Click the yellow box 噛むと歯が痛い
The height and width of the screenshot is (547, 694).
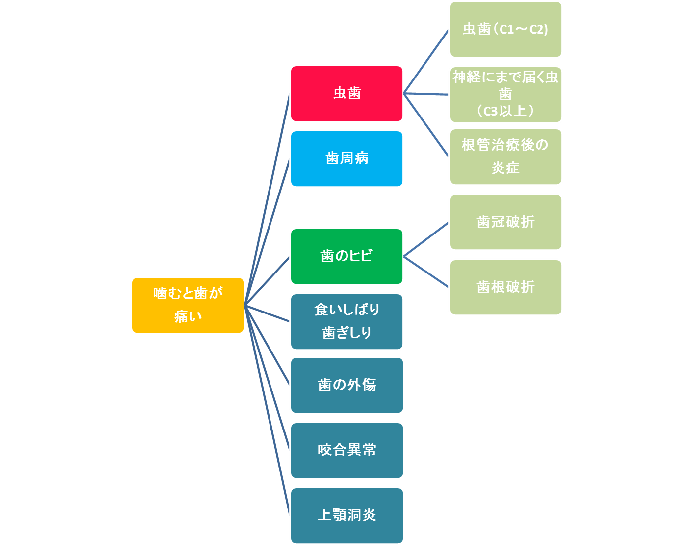[x=188, y=305]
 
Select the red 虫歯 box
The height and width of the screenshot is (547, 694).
[x=347, y=93]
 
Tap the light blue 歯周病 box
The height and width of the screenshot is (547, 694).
[x=347, y=158]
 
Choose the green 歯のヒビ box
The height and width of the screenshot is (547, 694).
[x=347, y=256]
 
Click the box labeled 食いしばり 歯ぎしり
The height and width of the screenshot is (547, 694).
[x=347, y=321]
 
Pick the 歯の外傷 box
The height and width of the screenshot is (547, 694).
[x=347, y=385]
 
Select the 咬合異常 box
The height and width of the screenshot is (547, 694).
[x=347, y=450]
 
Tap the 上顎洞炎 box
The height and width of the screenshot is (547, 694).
[x=347, y=515]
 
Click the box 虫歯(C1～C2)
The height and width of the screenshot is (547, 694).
[x=505, y=30]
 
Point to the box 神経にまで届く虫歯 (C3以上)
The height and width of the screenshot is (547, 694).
[x=505, y=94]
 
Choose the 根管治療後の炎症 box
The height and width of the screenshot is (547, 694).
[x=505, y=156]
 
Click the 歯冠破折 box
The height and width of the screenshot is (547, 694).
[x=505, y=222]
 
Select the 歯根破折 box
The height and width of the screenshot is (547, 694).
[x=505, y=287]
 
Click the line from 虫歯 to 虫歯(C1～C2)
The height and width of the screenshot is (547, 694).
[x=426, y=61]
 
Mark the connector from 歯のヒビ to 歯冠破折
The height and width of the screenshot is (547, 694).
[x=426, y=239]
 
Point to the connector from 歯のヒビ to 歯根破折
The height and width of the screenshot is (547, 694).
[x=426, y=272]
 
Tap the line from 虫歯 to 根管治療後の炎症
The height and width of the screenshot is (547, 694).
[x=426, y=125]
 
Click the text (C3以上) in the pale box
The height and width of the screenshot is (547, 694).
[x=505, y=111]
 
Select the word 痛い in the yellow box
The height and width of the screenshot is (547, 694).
[x=188, y=316]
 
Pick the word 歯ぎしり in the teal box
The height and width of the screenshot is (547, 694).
[x=347, y=333]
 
